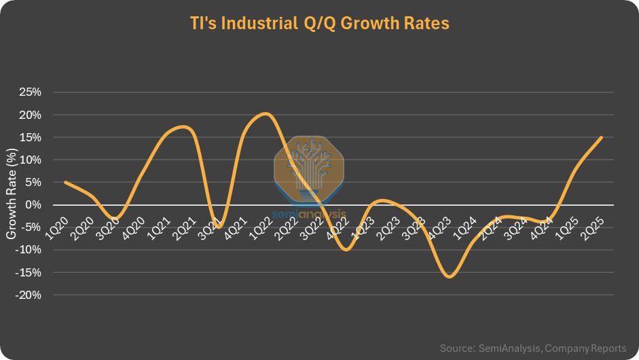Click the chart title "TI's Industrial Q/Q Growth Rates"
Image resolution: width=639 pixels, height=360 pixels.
coord(319,23)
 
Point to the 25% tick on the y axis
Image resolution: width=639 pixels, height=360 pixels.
coord(31,92)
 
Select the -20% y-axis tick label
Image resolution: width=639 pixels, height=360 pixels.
coord(29,295)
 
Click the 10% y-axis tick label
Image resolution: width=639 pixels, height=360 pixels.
coord(31,160)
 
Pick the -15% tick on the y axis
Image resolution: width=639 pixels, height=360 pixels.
coord(29,272)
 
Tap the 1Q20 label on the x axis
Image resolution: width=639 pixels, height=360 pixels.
coord(56,229)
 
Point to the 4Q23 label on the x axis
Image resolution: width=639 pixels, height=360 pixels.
coord(439,229)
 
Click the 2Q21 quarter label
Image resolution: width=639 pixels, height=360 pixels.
coord(184,229)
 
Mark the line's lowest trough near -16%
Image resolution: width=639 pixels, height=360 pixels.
coord(448,276)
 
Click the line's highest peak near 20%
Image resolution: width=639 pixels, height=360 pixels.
coord(266,113)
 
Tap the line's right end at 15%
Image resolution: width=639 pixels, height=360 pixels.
coord(601,137)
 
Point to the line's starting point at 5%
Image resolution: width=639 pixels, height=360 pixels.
coord(65,182)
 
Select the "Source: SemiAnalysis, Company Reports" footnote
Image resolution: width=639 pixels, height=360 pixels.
coord(533,348)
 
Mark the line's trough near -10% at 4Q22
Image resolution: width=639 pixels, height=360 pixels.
coord(346,249)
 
